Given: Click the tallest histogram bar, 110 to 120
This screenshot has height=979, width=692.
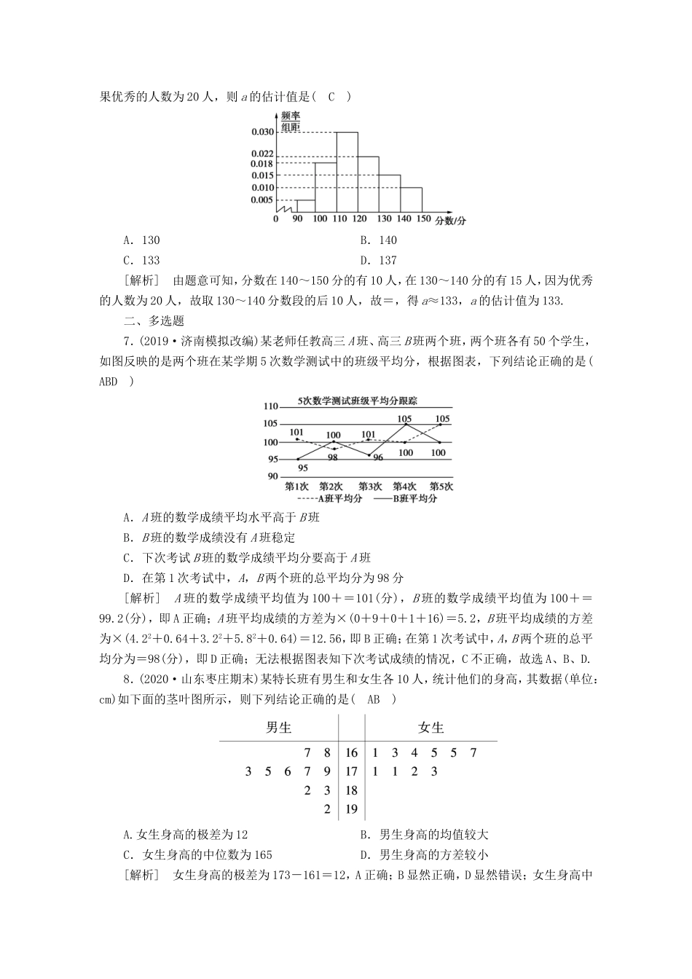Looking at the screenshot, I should [347, 172].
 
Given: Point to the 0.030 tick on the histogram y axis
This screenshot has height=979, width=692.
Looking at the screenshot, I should [262, 132].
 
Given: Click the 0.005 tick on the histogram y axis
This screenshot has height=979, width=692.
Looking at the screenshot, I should [262, 200].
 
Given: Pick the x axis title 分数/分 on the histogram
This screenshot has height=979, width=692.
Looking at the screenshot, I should [451, 220].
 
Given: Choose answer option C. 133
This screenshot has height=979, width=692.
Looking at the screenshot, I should [141, 261].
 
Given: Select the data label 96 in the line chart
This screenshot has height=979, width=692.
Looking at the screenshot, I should [377, 457].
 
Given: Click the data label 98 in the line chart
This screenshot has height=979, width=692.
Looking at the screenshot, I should [332, 457].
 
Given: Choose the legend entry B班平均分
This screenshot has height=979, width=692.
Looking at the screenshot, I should [406, 499].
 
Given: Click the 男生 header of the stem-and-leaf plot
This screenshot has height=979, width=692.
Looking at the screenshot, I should [279, 728].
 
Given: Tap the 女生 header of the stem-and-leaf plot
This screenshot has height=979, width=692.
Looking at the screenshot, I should [430, 728].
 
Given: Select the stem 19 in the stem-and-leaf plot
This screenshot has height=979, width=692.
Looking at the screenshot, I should [351, 809].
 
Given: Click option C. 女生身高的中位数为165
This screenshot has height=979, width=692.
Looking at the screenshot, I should [197, 855].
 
